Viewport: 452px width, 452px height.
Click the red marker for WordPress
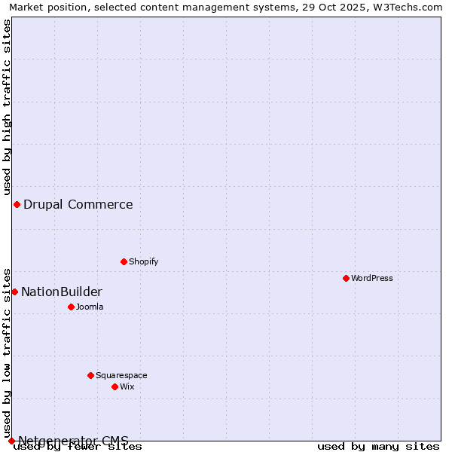[x=346, y=278]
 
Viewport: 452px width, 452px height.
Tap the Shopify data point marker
[x=124, y=261]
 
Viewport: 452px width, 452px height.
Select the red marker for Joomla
[x=71, y=307]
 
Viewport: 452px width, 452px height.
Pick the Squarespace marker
[x=90, y=375]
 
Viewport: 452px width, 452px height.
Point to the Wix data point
[x=115, y=386]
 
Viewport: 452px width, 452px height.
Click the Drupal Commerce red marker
[x=17, y=204]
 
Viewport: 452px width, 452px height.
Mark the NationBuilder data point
[x=14, y=292]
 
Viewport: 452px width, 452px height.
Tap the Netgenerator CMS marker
[x=11, y=441]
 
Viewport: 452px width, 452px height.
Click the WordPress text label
[x=372, y=278]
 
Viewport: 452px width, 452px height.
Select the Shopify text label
[x=143, y=261]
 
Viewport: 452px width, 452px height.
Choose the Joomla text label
[x=90, y=307]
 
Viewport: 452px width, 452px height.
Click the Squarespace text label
[x=121, y=375]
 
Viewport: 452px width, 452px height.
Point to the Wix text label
[x=127, y=386]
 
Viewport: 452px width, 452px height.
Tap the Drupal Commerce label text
[x=78, y=204]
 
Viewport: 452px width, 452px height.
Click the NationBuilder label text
[x=62, y=292]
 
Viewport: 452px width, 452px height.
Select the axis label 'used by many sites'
[x=378, y=446]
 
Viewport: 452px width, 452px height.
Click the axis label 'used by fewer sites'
[x=78, y=446]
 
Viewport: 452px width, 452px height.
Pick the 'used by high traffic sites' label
[x=8, y=107]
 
